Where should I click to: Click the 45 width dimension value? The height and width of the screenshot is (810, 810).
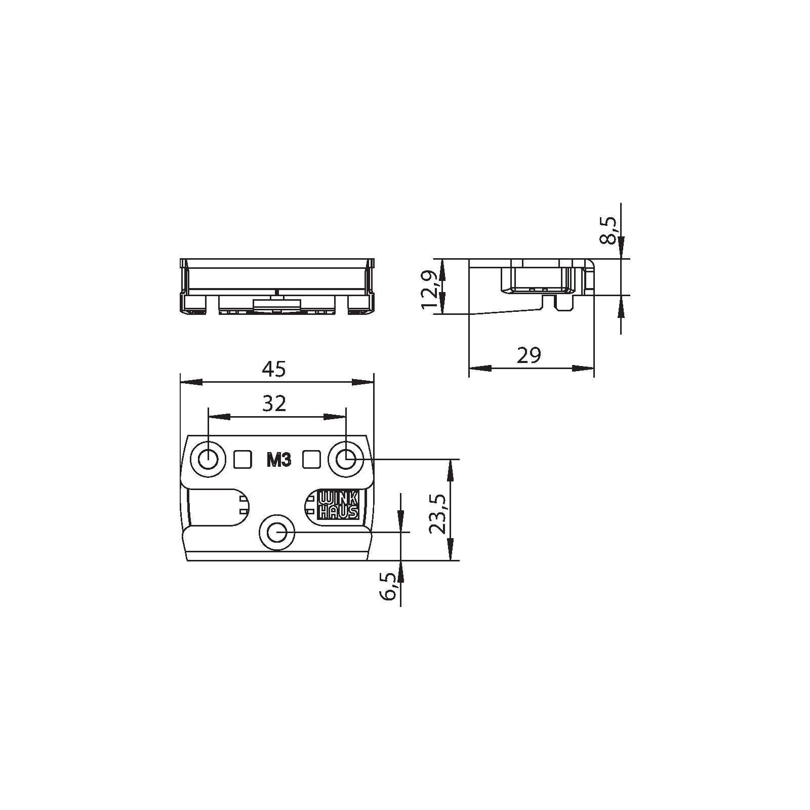coord(274,369)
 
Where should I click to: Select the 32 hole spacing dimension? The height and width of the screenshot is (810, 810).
coord(274,403)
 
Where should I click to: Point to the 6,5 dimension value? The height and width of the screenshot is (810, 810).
coord(389,587)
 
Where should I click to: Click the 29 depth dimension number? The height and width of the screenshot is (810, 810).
coord(529,355)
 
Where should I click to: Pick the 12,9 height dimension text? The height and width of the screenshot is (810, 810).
coord(428,289)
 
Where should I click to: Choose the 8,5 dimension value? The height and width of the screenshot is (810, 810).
coord(609,230)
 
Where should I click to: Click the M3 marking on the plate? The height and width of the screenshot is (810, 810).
coord(278,461)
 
